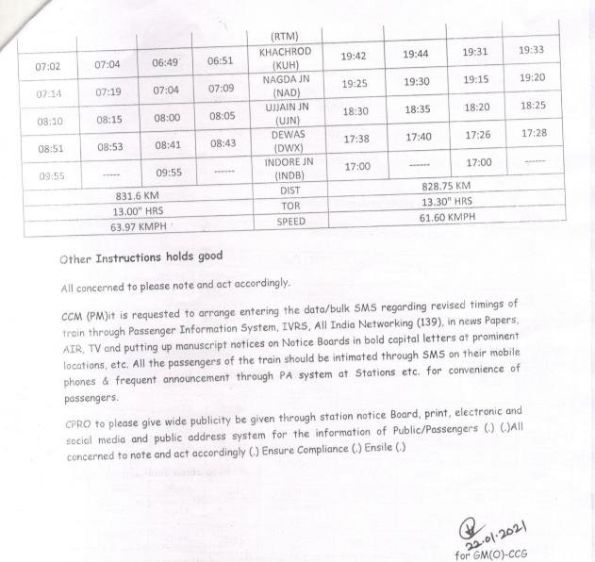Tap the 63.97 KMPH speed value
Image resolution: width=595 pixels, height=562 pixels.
[x=138, y=227]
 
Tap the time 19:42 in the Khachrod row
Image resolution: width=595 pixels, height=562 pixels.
[x=353, y=57]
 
